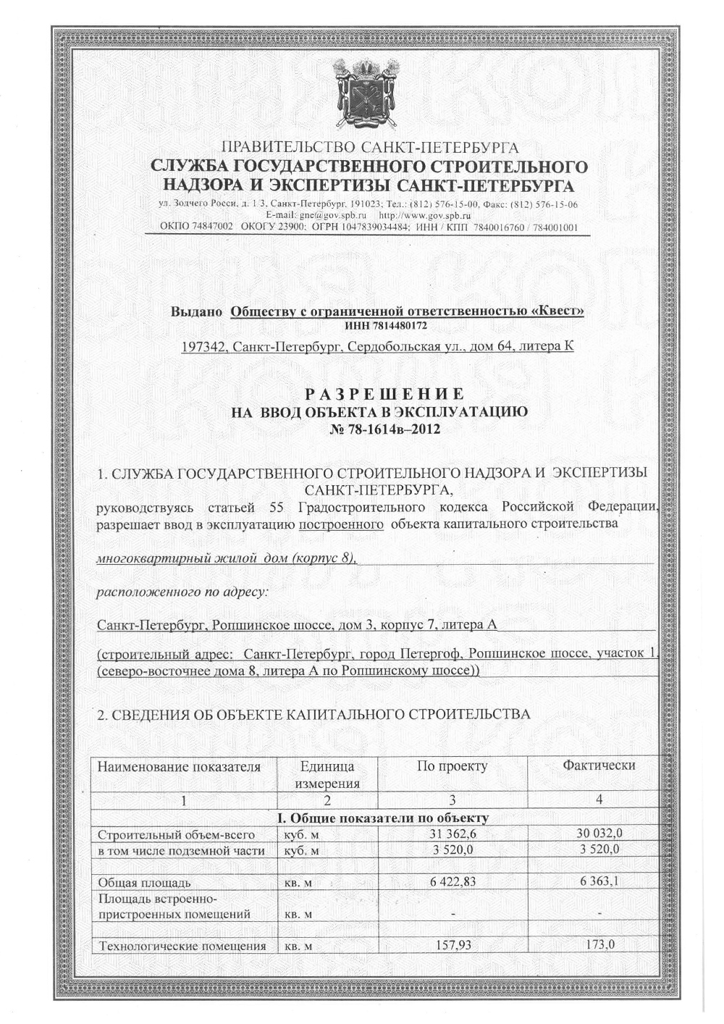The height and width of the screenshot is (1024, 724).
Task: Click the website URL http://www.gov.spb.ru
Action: pyautogui.click(x=426, y=216)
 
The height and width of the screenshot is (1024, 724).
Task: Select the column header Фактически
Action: pyautogui.click(x=599, y=765)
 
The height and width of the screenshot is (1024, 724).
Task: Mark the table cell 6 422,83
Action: pyautogui.click(x=452, y=881)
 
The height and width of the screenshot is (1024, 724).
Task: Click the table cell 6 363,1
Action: pyautogui.click(x=599, y=881)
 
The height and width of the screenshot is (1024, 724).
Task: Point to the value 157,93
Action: pyautogui.click(x=452, y=944)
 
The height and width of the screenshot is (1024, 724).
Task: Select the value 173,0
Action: pyautogui.click(x=599, y=944)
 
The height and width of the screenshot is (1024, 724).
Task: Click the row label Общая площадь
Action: pyautogui.click(x=144, y=883)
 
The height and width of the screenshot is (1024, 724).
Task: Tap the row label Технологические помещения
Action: pyautogui.click(x=182, y=946)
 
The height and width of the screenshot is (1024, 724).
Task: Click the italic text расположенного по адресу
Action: pyautogui.click(x=182, y=592)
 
